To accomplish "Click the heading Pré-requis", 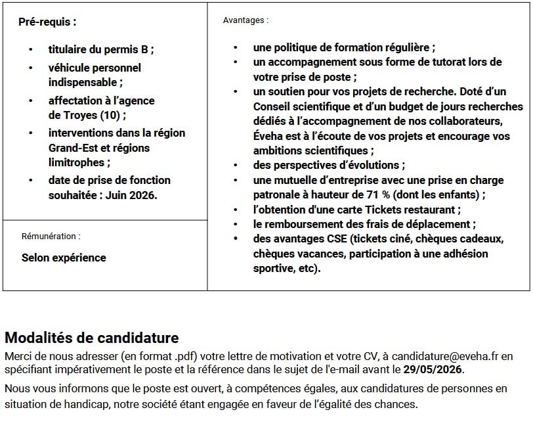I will click(47, 22).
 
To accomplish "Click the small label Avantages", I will click(245, 20).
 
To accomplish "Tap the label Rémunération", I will click(51, 236).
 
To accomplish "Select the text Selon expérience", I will click(64, 258).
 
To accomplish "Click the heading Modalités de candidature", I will click(91, 338).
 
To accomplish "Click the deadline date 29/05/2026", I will click(433, 369).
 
